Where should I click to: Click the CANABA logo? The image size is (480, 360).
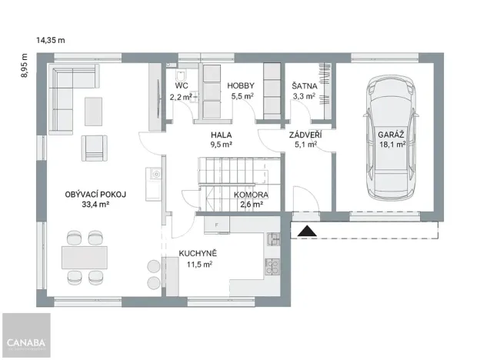pos(25,342)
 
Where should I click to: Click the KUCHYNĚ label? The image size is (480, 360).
pos(198,252)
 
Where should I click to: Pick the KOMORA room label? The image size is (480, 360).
pos(252,195)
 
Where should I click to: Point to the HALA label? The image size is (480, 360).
pos(222,134)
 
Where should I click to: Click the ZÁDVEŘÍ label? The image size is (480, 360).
pos(305,135)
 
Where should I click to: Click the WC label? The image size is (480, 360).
pos(182,85)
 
